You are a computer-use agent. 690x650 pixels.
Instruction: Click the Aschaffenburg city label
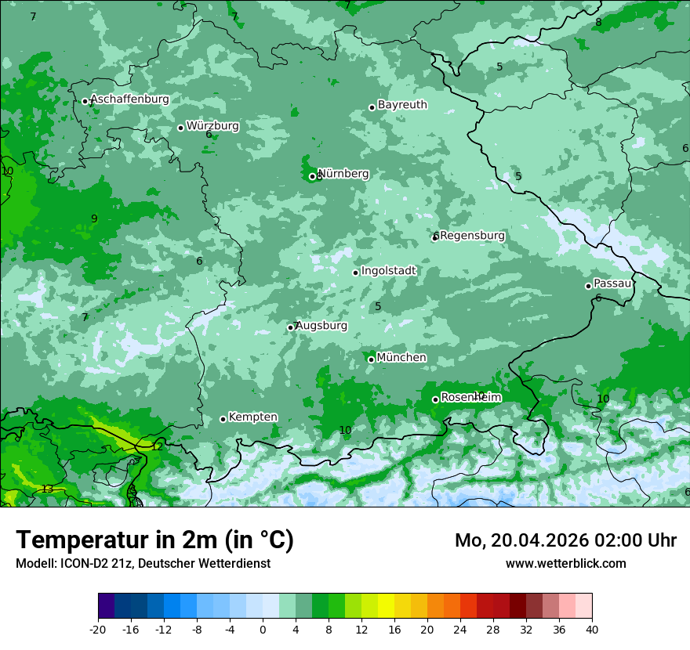point(129,99)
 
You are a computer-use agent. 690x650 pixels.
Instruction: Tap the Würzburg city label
point(212,126)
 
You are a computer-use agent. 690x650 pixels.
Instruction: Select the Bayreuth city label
point(402,105)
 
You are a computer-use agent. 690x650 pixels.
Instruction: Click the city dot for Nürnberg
point(312,176)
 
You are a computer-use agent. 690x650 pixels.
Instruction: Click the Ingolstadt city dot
point(355,273)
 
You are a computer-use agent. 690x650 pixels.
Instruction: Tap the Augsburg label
point(321,326)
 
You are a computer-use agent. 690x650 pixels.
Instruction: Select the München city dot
point(371,359)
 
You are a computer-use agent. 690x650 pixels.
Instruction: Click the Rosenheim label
point(470,398)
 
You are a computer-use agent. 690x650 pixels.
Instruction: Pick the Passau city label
point(612,283)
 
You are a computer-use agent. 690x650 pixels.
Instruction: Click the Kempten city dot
point(223,419)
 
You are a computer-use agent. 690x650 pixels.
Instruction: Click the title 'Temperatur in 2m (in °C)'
point(154,540)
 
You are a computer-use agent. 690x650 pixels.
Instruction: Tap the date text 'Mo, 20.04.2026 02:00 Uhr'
point(565,540)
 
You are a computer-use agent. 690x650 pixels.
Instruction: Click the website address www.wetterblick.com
point(565,563)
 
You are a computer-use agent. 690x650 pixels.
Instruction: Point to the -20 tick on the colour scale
point(98,629)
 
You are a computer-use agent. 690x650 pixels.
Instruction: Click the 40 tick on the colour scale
point(591,629)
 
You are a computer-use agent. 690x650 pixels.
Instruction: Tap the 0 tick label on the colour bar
point(263,629)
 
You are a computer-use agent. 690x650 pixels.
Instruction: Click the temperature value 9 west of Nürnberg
point(94,218)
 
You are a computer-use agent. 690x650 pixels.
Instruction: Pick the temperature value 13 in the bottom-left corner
point(48,489)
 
